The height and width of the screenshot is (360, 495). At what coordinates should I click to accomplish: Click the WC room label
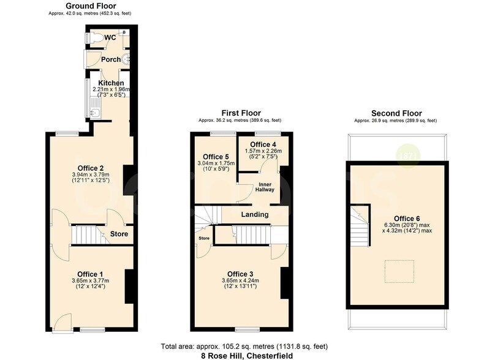point(110,37)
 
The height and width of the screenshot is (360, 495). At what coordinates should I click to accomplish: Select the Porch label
point(111,59)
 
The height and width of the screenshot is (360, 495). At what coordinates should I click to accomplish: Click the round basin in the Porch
point(126,59)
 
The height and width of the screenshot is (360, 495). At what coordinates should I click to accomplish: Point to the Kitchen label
point(111,83)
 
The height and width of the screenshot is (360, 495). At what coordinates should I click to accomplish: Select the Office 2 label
point(90,168)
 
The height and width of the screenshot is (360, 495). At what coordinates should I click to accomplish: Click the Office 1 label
point(90,273)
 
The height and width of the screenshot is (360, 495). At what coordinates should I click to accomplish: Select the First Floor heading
point(241,113)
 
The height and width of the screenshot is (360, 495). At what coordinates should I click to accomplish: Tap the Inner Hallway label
point(265,186)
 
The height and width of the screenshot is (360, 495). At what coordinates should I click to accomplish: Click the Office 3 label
point(241,273)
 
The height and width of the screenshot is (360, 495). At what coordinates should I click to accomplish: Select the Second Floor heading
point(396,113)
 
